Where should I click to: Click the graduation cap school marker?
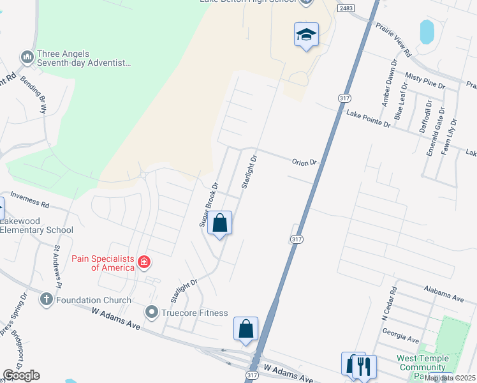(306, 35)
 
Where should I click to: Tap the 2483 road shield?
(346, 8)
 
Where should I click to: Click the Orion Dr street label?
(304, 162)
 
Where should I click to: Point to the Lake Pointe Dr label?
(367, 118)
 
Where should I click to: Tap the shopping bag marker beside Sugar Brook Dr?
(220, 224)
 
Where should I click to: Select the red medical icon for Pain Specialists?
(144, 262)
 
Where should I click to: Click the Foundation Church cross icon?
(46, 299)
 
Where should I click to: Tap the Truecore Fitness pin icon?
(152, 313)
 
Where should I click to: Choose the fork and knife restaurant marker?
(364, 366)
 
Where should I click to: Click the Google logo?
(21, 375)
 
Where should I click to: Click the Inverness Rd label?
(29, 204)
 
